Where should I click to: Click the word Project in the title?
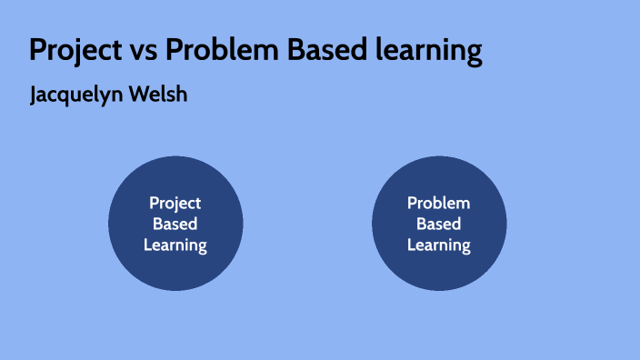click(x=75, y=50)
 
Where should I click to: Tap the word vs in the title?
click(x=142, y=51)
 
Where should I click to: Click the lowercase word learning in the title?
click(x=426, y=52)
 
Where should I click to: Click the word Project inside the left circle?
click(x=175, y=204)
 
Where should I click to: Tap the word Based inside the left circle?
click(x=175, y=224)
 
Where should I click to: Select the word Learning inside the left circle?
click(x=175, y=245)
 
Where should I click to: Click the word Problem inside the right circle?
click(x=439, y=204)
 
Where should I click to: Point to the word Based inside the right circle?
click(x=439, y=224)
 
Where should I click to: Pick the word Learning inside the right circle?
click(x=439, y=245)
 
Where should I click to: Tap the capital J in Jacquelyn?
click(x=35, y=95)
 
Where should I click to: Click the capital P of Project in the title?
click(x=37, y=50)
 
